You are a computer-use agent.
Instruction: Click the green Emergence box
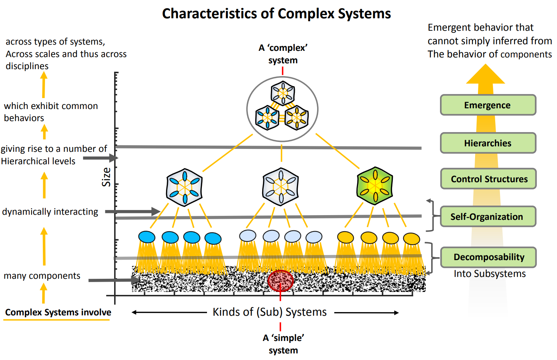(488, 105)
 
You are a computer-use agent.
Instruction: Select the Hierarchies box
(488, 143)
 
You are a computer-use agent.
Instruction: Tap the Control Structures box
(489, 179)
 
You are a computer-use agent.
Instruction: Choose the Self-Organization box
(488, 217)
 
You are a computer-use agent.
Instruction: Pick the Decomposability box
(489, 257)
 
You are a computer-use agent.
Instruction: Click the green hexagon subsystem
(375, 186)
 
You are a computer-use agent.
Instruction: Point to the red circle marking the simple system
(281, 281)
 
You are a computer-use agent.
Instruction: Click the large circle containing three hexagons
(282, 109)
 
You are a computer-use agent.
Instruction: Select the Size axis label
(106, 177)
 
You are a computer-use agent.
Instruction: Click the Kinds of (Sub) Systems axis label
(270, 312)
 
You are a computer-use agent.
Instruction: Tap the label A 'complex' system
(283, 54)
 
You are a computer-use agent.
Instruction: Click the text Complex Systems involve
(58, 312)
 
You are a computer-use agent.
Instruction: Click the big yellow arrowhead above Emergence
(485, 75)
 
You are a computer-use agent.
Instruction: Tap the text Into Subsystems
(490, 274)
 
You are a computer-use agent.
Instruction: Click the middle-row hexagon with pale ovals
(281, 187)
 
